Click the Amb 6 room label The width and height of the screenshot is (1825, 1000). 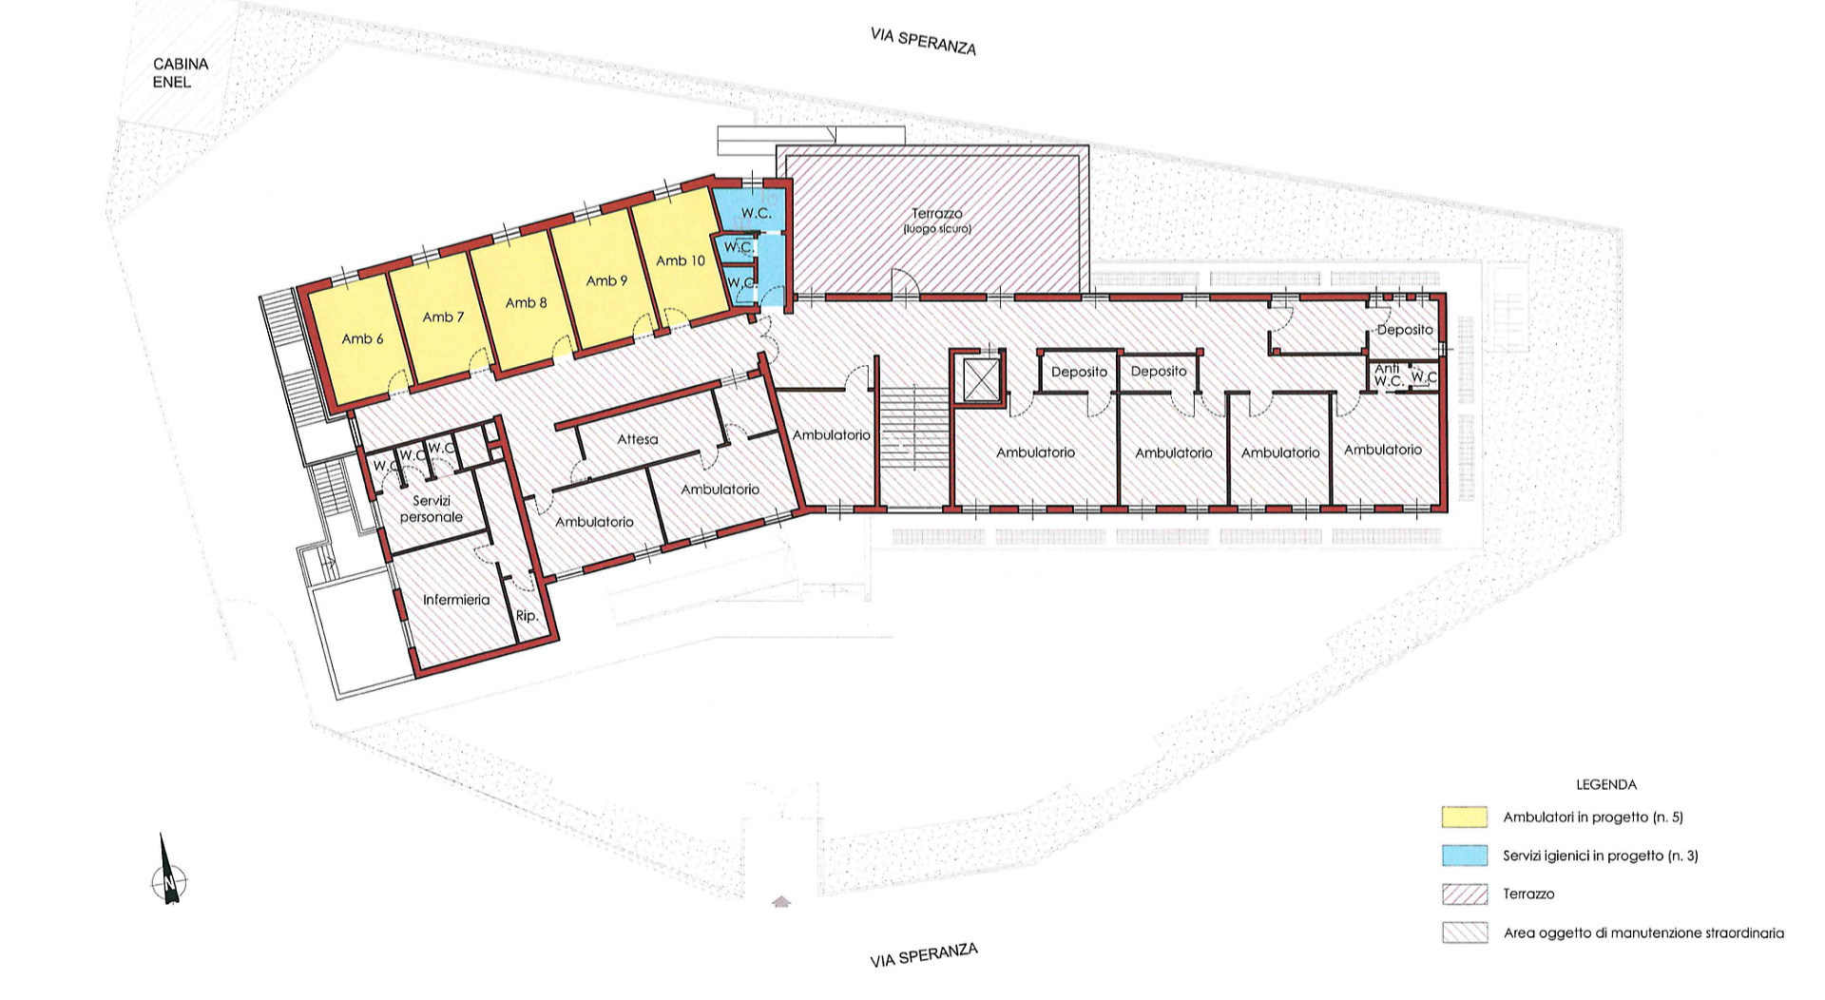[x=362, y=338]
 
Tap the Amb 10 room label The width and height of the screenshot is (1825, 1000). [x=681, y=260]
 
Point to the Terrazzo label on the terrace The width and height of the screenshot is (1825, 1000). [x=937, y=214]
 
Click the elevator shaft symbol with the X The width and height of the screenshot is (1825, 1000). [x=979, y=379]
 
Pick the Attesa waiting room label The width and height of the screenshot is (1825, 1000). [x=638, y=439]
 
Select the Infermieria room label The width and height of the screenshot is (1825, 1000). [x=456, y=600]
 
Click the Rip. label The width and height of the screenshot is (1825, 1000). [x=527, y=616]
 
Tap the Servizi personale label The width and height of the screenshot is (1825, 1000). [x=432, y=509]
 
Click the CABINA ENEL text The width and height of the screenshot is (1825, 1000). [x=181, y=73]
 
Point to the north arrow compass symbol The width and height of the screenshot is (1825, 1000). [x=168, y=871]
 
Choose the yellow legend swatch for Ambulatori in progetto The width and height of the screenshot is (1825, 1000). [x=1464, y=817]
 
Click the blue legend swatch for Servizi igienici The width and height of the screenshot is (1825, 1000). [x=1464, y=856]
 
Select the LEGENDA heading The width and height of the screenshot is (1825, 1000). [x=1606, y=784]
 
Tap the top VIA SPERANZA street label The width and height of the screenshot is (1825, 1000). [x=923, y=42]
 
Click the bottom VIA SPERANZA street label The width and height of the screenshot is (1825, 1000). [x=924, y=955]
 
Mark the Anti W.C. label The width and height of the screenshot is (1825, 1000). [x=1388, y=375]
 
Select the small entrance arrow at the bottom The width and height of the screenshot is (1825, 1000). [x=781, y=901]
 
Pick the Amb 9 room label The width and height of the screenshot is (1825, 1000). [x=606, y=280]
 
